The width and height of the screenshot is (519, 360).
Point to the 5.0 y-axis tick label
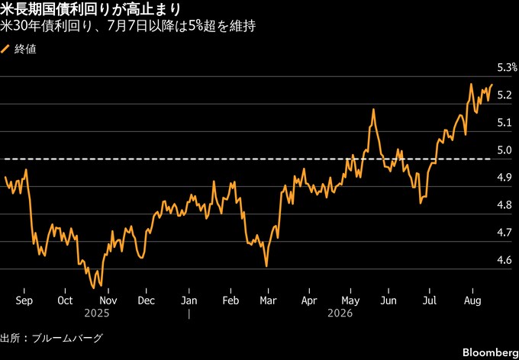[504, 150]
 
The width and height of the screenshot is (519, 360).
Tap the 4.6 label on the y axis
[504, 260]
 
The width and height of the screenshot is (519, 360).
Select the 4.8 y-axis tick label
[504, 205]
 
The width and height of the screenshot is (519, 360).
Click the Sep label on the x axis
[24, 301]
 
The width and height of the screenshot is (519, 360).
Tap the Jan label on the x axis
[189, 301]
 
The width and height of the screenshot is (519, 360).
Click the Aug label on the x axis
[472, 301]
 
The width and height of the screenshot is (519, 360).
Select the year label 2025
[97, 313]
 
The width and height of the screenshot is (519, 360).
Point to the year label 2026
[340, 313]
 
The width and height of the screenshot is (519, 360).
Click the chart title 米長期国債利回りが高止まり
[90, 10]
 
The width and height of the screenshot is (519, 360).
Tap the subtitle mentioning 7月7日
[127, 27]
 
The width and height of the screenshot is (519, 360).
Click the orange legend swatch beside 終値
[5, 49]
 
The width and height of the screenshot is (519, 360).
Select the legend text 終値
[25, 50]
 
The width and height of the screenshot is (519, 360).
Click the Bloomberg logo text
[491, 351]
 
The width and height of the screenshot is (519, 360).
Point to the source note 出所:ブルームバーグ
[51, 338]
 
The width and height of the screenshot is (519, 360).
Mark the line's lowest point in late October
[94, 288]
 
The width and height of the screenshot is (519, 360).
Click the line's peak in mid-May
[373, 109]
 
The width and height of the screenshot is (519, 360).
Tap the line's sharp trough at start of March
[266, 266]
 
